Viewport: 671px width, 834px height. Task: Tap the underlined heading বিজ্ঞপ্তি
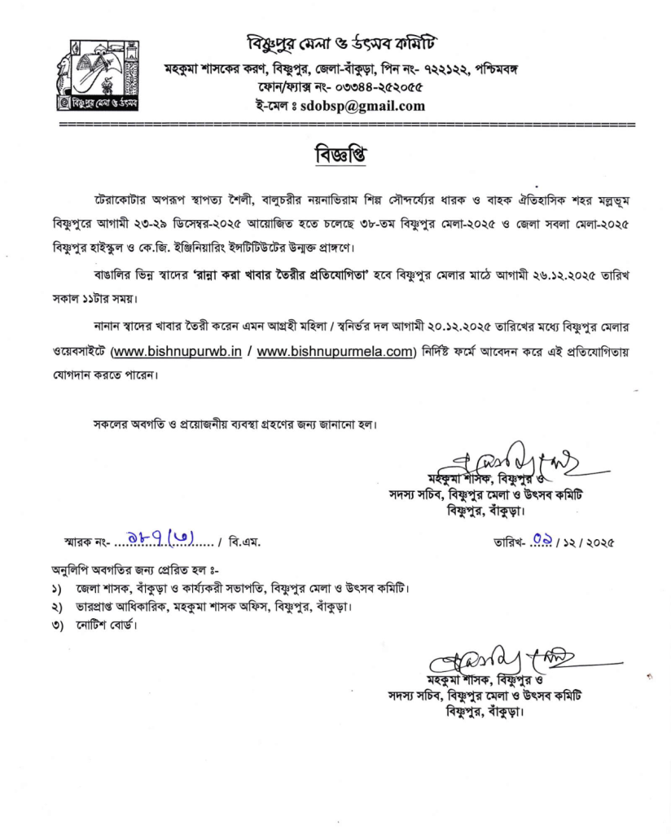point(335,155)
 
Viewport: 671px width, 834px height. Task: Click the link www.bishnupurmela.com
point(335,352)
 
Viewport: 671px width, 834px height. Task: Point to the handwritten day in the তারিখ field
point(539,539)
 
